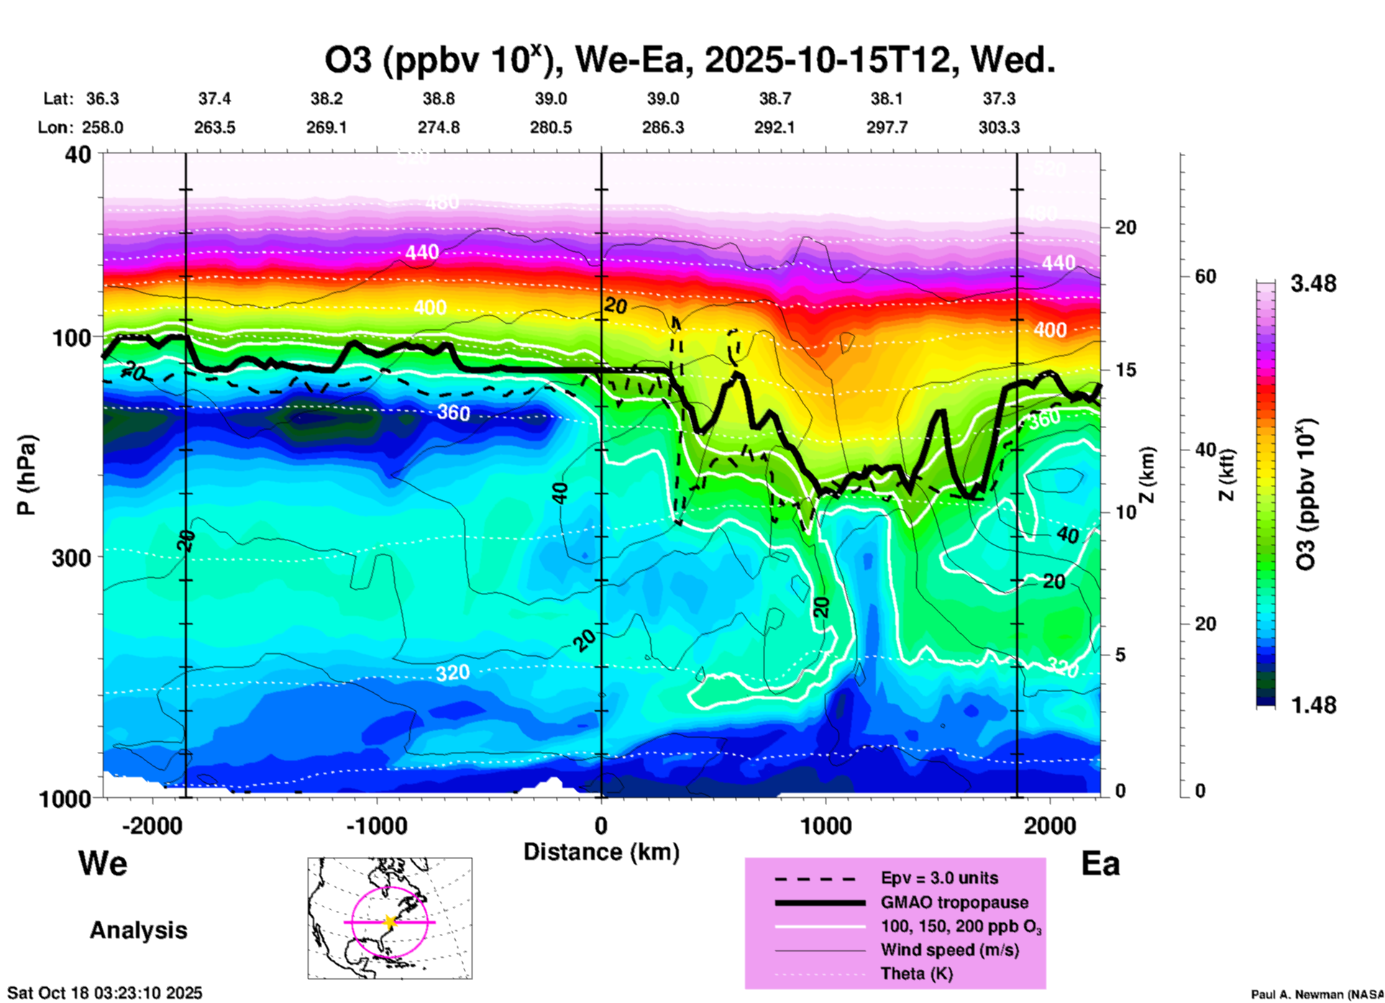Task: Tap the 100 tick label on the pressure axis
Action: point(72,337)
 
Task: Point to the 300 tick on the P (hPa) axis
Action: point(72,558)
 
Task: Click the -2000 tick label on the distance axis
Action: point(152,825)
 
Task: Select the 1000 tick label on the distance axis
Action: point(826,825)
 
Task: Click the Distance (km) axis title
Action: point(601,852)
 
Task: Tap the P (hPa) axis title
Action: point(26,475)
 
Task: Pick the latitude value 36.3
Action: point(102,99)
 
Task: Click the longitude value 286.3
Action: point(662,127)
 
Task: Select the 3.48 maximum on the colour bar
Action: point(1313,283)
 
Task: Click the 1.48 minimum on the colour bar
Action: point(1313,705)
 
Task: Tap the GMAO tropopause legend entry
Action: point(954,902)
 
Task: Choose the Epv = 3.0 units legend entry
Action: point(939,878)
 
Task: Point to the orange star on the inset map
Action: point(390,922)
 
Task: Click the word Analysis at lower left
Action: point(138,930)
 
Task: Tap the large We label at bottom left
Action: point(103,863)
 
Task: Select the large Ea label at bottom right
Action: point(1100,863)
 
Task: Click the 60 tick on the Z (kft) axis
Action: point(1205,276)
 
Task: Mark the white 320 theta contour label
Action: point(452,673)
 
